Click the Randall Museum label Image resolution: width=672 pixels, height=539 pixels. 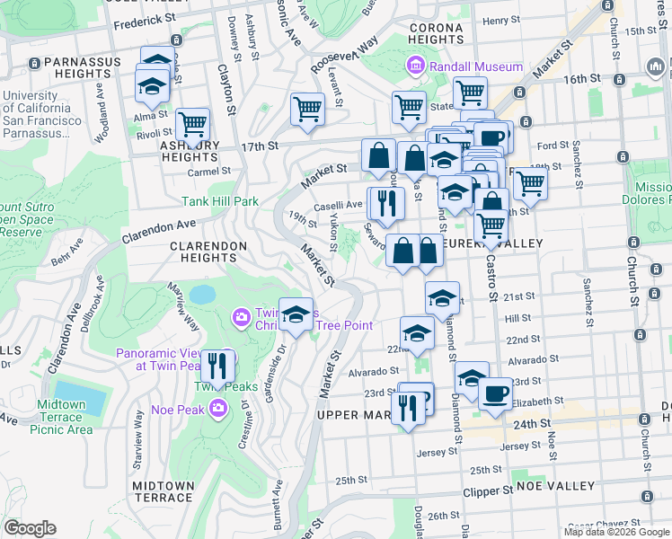476,66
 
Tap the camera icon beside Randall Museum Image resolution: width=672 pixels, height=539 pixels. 415,66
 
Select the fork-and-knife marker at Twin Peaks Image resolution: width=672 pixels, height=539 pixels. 217,367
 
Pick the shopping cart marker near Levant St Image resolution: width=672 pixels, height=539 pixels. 307,110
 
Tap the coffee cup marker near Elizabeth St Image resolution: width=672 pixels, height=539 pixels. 494,393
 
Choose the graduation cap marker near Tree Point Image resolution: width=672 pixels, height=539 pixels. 296,314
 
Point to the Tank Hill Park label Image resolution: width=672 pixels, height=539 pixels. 222,202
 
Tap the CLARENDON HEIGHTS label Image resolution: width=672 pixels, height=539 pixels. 209,251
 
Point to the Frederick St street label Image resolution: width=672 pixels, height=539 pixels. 143,18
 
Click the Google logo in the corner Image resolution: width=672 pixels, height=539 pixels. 31,528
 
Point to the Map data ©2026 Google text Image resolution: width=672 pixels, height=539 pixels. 615,532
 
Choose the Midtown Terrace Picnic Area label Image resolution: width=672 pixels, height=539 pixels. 62,417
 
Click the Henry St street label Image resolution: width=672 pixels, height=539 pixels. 501,20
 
